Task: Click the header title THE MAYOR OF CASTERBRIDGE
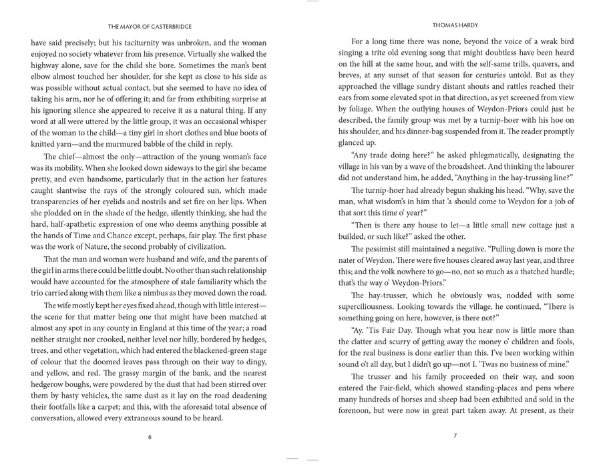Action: pyautogui.click(x=150, y=26)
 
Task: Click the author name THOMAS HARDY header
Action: pyautogui.click(x=455, y=26)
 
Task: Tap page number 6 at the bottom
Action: pyautogui.click(x=150, y=437)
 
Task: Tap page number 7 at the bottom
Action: pyautogui.click(x=455, y=437)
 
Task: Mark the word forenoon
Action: pyautogui.click(x=358, y=412)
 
